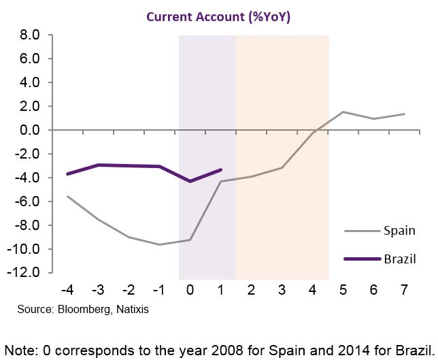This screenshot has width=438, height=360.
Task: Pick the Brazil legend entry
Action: click(x=399, y=259)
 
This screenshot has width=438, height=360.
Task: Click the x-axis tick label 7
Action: click(x=404, y=291)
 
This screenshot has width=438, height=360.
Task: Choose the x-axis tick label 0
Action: click(x=190, y=291)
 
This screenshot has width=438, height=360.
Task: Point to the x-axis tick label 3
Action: click(x=282, y=291)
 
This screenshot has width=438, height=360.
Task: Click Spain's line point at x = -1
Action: click(x=159, y=244)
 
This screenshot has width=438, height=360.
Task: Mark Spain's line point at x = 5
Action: click(x=343, y=112)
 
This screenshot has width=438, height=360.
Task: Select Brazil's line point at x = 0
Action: click(x=190, y=181)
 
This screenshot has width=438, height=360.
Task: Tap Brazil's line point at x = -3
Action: click(x=98, y=165)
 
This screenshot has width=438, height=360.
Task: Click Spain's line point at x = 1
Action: click(x=220, y=181)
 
